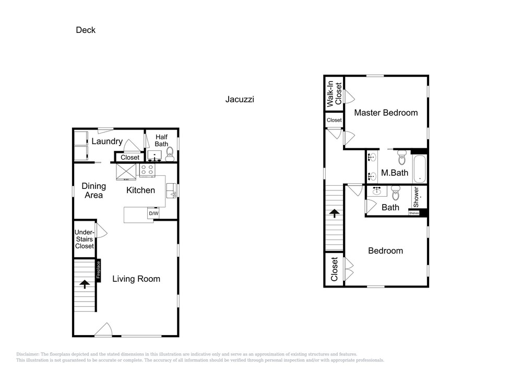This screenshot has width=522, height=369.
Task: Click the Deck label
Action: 86,30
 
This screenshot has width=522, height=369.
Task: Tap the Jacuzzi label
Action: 240,99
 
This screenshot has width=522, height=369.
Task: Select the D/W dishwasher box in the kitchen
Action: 153,213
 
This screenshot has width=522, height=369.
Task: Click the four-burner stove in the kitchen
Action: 147,170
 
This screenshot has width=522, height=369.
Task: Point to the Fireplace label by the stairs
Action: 99,270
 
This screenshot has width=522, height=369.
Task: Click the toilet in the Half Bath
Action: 170,154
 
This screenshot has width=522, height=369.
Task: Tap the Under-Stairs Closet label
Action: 84,239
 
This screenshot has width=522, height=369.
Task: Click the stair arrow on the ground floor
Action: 85,284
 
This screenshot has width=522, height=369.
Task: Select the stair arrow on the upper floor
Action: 334,213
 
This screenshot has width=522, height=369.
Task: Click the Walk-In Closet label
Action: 334,93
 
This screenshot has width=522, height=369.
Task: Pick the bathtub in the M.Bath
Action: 420,169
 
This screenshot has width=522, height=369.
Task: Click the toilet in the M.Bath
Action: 402,158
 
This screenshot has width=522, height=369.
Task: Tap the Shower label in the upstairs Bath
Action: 416,197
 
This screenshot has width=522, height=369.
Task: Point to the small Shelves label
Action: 414,213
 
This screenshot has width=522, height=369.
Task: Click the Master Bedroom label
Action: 386,113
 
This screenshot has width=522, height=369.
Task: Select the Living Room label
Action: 136,279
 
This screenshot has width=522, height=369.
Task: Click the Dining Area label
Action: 93,191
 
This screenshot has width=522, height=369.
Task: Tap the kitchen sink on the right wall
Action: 171,191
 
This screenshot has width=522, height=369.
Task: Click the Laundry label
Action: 107,141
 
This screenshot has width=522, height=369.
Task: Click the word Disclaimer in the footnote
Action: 27,354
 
